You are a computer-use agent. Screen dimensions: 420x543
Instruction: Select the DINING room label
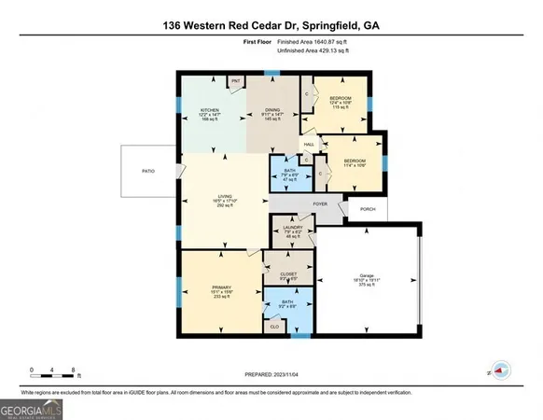[272, 109]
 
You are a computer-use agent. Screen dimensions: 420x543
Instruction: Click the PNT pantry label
[237, 81]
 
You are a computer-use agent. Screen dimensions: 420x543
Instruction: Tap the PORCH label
[367, 209]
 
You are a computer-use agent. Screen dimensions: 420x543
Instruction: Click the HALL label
[309, 145]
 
